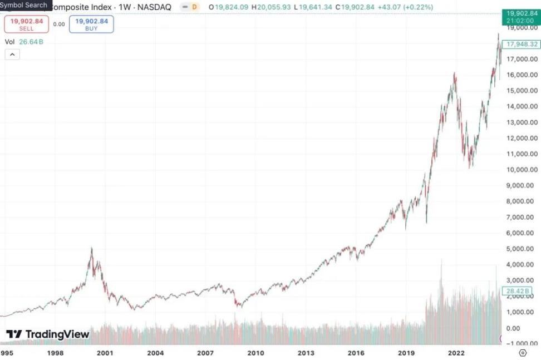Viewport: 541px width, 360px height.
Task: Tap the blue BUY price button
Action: click(91, 24)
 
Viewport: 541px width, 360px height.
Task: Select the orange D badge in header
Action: click(194, 7)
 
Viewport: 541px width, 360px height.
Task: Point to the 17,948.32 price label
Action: click(520, 44)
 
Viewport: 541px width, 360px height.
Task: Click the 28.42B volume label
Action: click(520, 290)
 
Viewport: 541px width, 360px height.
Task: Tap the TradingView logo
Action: click(48, 334)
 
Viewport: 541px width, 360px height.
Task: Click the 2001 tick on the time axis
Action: click(105, 353)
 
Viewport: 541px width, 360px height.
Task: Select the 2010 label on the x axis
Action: click(255, 353)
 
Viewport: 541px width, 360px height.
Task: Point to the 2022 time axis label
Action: click(456, 353)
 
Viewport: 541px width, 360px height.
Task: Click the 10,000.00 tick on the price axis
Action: click(522, 170)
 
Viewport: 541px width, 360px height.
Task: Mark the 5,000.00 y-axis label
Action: click(522, 249)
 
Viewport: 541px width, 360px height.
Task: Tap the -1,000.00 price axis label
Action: click(522, 343)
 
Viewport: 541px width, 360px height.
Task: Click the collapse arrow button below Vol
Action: click(12, 55)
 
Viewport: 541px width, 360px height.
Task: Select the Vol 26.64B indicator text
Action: click(24, 42)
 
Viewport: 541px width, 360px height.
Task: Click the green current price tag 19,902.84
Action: click(519, 16)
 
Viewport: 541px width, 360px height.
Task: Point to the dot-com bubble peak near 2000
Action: click(91, 249)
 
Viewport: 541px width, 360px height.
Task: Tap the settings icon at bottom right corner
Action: click(522, 353)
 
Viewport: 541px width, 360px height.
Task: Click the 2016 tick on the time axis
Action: click(356, 353)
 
